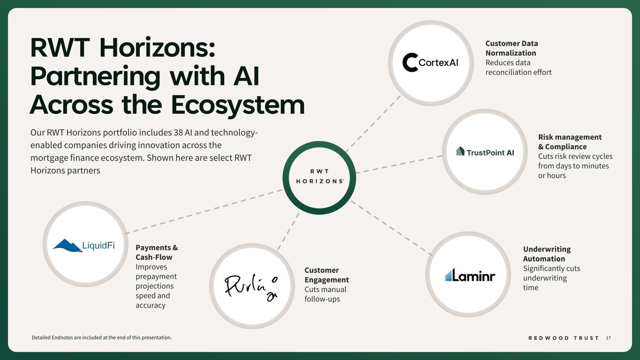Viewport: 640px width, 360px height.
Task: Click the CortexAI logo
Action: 430,63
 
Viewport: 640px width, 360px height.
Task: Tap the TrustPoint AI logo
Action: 485,152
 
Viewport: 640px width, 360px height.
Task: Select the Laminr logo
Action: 470,275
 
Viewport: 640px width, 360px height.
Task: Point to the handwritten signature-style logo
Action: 251,286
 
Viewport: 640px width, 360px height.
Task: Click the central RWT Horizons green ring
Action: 319,178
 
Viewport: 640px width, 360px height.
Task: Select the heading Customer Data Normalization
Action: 511,48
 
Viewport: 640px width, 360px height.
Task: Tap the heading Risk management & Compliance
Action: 569,142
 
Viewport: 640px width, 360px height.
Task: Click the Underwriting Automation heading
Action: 546,254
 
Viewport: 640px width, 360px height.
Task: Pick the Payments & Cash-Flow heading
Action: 156,252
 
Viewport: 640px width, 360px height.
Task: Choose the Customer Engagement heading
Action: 326,275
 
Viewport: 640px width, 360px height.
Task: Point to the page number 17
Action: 609,338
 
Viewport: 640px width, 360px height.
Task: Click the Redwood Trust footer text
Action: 564,338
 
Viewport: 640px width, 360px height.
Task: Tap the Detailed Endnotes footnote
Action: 101,337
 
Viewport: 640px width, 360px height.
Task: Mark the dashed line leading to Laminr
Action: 391,228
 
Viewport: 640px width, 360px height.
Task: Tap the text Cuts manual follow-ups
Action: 325,294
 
